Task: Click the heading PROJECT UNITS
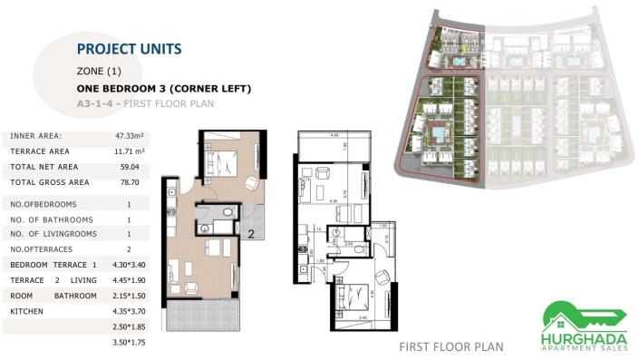coord(130,49)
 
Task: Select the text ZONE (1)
coord(99,71)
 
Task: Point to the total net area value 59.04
coord(126,167)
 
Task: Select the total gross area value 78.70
coord(126,182)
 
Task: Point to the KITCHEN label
coord(26,311)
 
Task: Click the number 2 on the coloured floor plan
coord(249,233)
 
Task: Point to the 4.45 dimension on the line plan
coord(334,135)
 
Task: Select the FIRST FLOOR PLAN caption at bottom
coord(450,346)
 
